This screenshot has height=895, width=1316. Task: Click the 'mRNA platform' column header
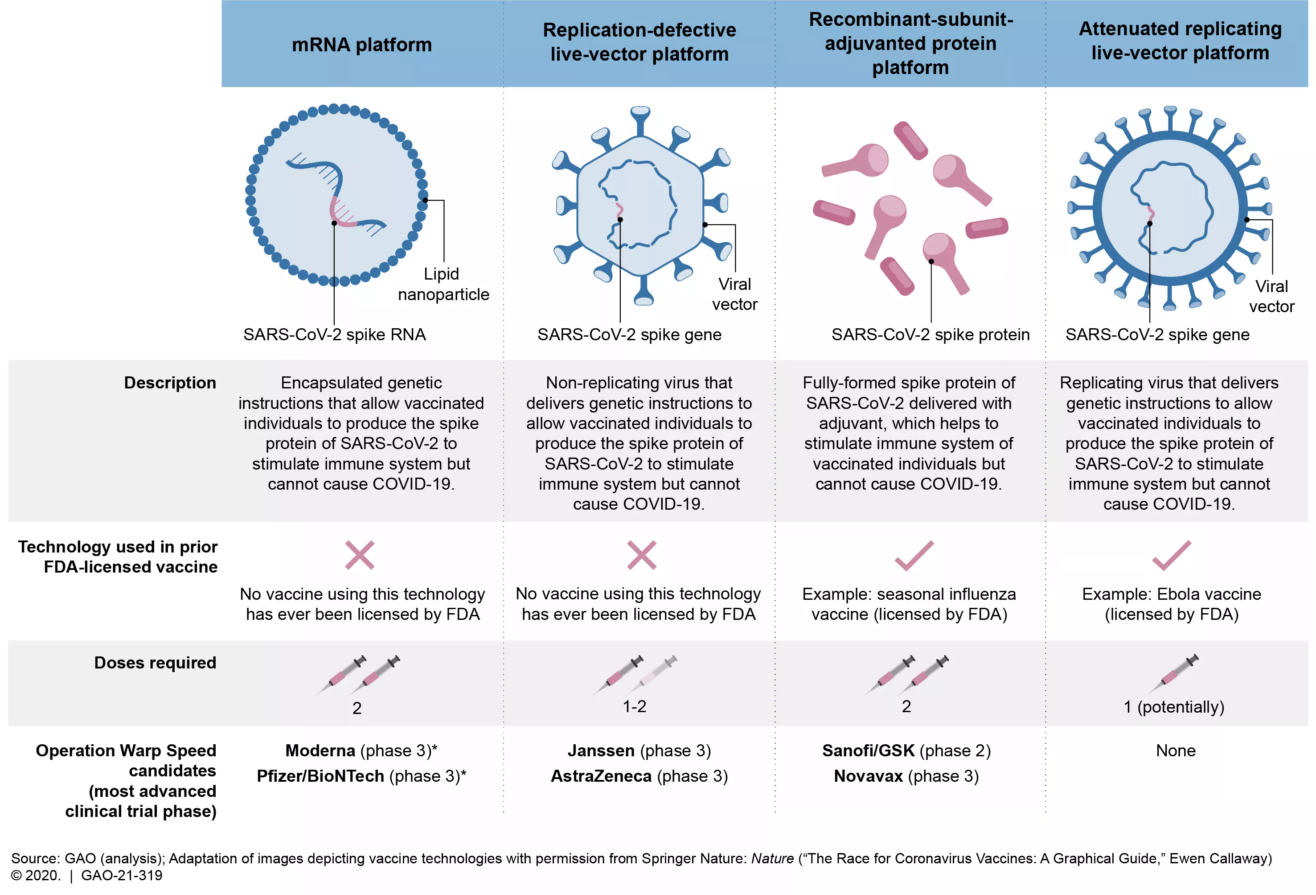pos(361,45)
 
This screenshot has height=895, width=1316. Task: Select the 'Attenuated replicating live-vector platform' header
pos(1180,41)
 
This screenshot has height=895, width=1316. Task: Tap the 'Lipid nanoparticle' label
pos(443,284)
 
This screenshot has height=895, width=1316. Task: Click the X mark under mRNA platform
pos(360,555)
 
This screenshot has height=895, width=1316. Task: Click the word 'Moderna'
pos(320,751)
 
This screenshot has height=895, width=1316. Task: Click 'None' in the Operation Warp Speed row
pos(1176,751)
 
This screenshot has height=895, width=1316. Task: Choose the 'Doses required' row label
pos(155,663)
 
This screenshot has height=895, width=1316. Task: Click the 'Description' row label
pos(170,383)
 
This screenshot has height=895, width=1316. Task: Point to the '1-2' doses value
pos(634,706)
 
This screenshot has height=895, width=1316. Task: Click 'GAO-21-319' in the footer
pos(122,875)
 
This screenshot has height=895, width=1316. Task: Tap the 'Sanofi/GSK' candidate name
pos(868,751)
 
